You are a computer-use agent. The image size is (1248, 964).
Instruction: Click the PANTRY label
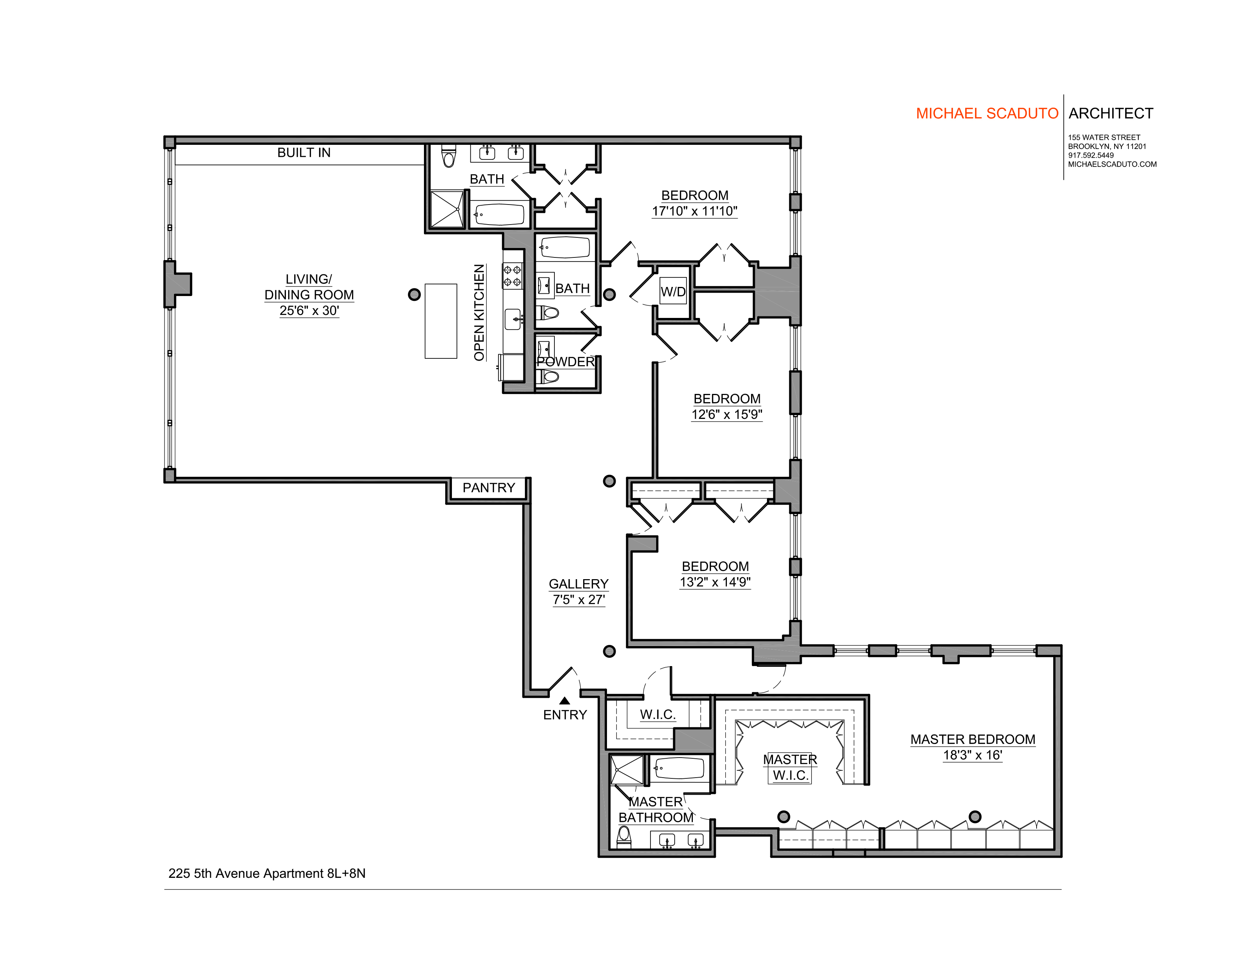click(489, 488)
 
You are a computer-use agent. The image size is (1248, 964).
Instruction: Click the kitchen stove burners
click(512, 276)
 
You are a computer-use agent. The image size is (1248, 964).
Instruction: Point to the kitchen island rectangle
click(441, 321)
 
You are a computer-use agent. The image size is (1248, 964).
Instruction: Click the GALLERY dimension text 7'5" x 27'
click(579, 600)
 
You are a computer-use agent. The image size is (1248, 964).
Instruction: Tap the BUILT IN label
click(304, 152)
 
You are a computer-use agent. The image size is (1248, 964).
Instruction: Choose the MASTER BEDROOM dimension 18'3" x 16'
click(973, 755)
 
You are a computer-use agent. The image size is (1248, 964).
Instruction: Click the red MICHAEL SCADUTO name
click(987, 114)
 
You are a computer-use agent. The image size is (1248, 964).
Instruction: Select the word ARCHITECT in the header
click(1111, 114)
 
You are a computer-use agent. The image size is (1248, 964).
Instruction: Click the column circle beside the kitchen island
click(414, 295)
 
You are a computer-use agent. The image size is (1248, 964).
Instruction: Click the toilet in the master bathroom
click(624, 837)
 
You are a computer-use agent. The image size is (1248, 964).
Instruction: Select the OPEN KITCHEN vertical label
click(479, 312)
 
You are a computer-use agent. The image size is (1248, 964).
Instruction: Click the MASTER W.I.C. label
click(790, 767)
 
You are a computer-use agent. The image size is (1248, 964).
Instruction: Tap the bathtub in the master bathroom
click(679, 769)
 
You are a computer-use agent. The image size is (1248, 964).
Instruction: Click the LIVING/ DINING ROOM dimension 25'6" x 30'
click(309, 311)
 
